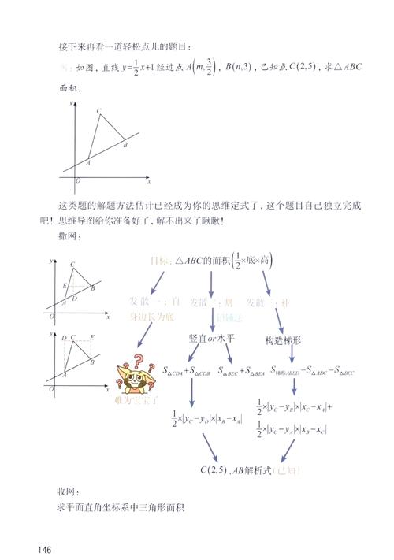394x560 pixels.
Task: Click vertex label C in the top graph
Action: (x=98, y=113)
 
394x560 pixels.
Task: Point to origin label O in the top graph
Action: (x=77, y=181)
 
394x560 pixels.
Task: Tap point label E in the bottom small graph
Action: (x=92, y=337)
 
